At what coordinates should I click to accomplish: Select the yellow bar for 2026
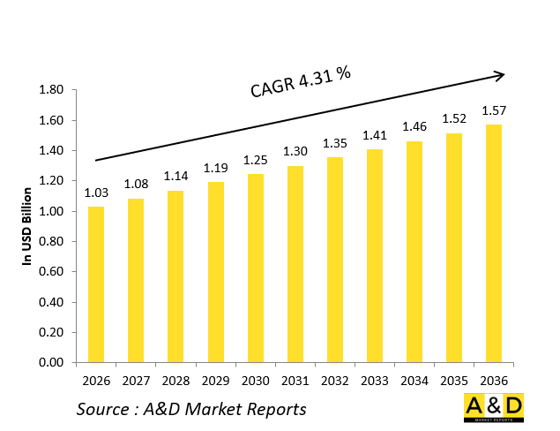(95, 284)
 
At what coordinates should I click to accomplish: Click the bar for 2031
(295, 264)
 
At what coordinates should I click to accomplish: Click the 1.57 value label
(494, 110)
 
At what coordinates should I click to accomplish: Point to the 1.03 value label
(95, 193)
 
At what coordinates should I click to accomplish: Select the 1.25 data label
(255, 159)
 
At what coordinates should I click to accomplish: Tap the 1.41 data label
(375, 135)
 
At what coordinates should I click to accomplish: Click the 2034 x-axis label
(414, 381)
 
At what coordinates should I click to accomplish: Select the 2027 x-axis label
(135, 381)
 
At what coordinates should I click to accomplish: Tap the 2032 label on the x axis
(334, 381)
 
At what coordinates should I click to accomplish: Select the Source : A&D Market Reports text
(190, 408)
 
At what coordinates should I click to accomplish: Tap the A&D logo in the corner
(493, 407)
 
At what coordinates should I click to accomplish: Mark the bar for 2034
(414, 252)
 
